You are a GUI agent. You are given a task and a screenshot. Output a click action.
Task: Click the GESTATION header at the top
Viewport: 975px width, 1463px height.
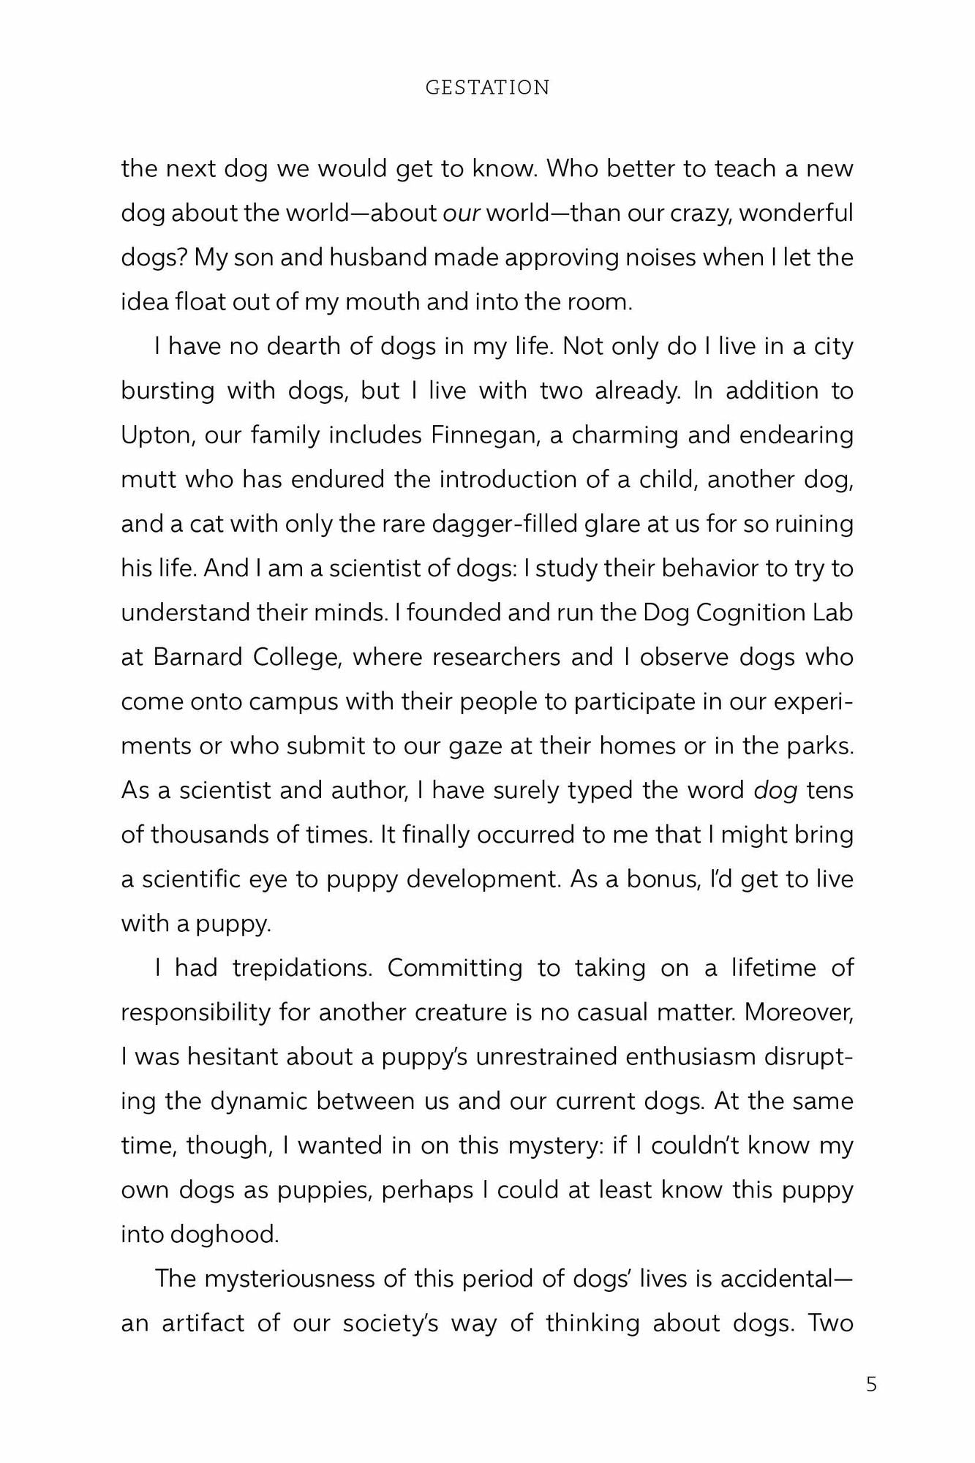pyautogui.click(x=487, y=88)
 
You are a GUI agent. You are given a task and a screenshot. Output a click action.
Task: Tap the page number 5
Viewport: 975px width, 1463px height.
pyautogui.click(x=871, y=1384)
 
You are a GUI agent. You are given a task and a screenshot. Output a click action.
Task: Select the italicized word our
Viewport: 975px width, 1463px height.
pyautogui.click(x=462, y=214)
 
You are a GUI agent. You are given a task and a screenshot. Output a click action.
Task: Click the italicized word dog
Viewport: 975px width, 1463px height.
pyautogui.click(x=775, y=791)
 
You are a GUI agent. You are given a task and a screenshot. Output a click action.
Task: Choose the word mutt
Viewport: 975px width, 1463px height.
pyautogui.click(x=146, y=480)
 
